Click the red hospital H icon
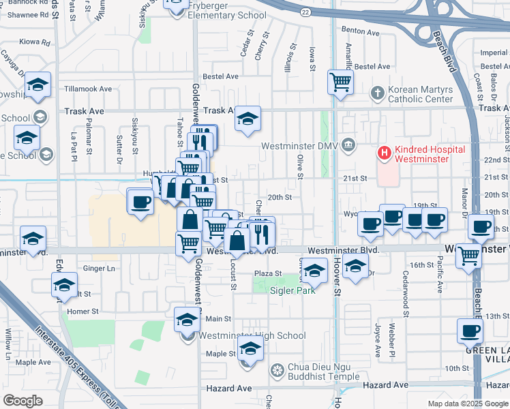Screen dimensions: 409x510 (x=385, y=153)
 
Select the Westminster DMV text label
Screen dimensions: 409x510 (x=301, y=146)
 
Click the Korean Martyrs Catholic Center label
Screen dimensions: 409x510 (x=420, y=94)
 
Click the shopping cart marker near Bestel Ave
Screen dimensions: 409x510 (x=340, y=82)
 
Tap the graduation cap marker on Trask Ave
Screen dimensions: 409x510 (x=248, y=119)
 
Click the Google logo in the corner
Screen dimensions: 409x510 (x=22, y=401)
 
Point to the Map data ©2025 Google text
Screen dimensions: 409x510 (x=467, y=404)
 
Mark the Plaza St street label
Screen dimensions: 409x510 (x=268, y=273)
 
